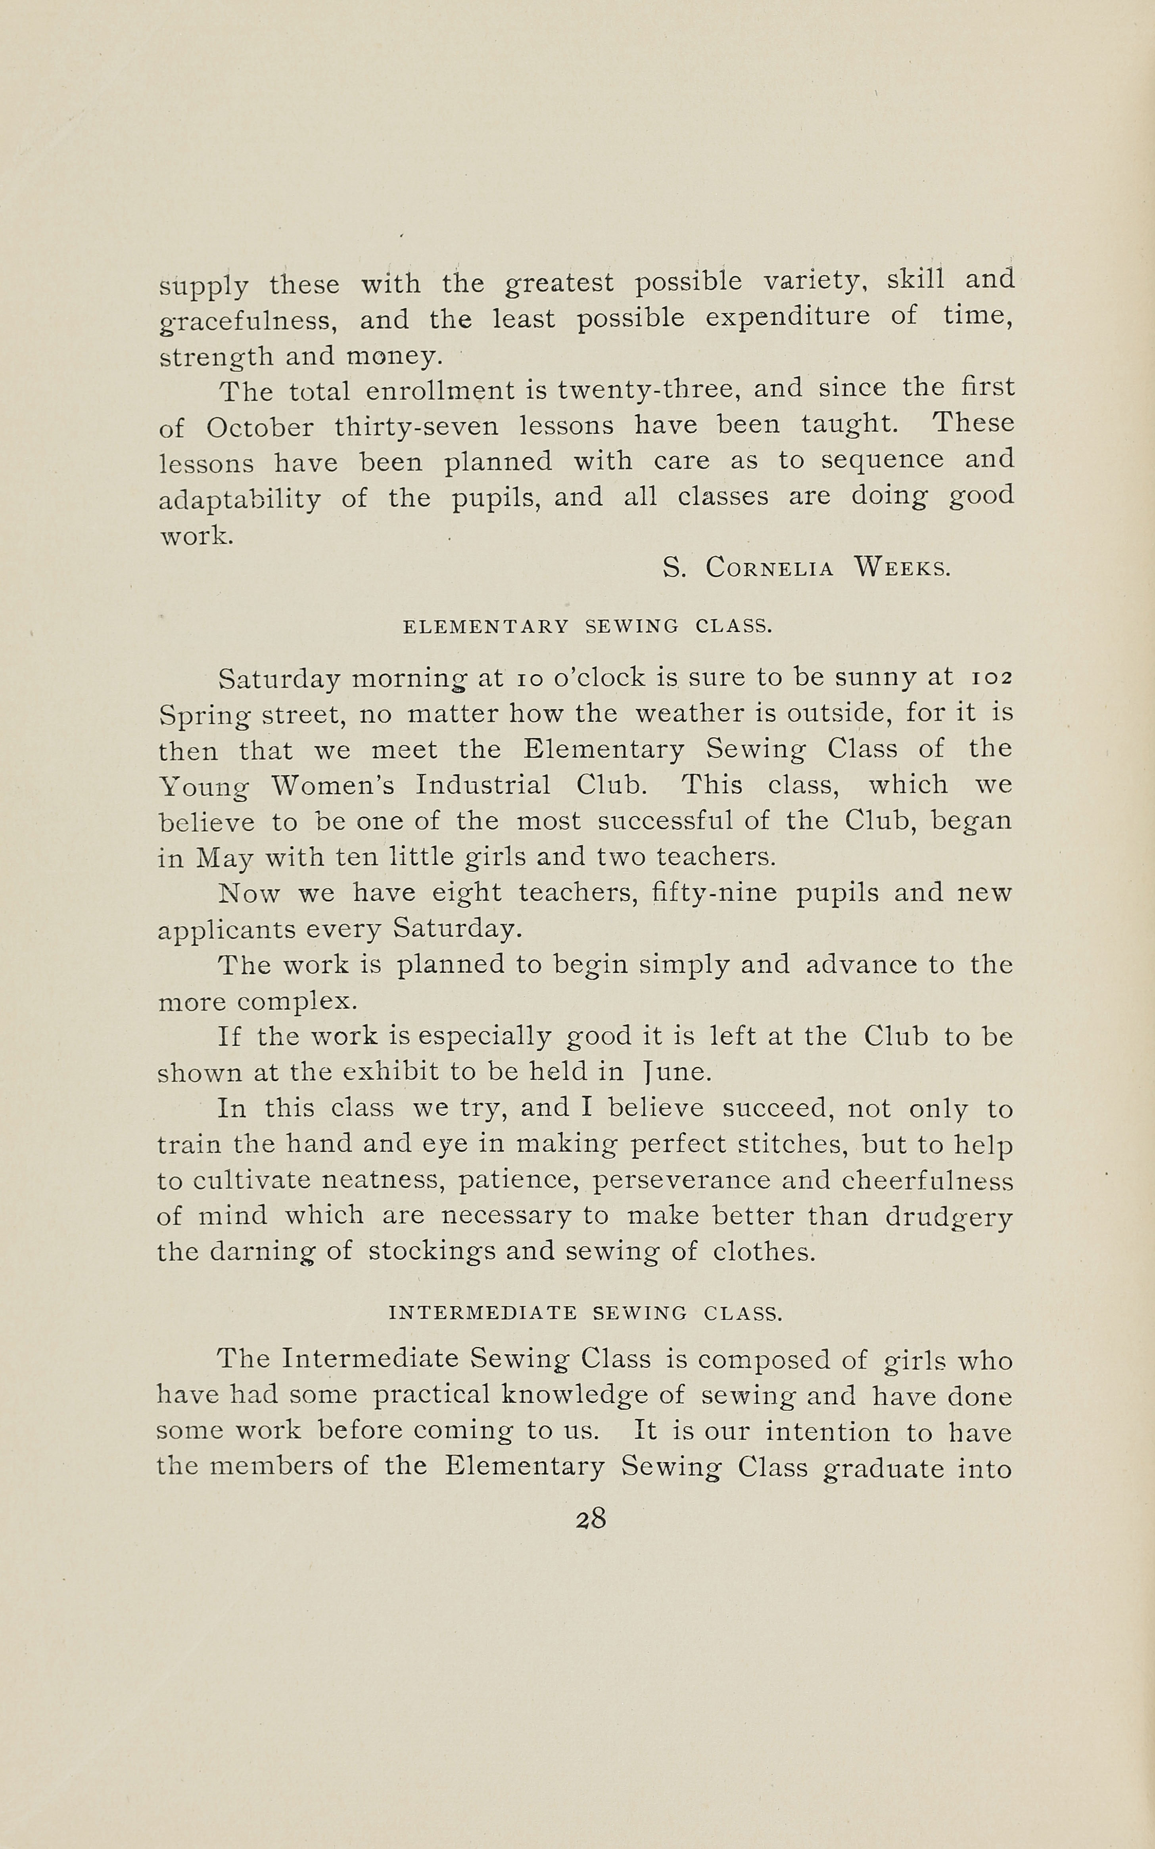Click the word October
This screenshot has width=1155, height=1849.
260,427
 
